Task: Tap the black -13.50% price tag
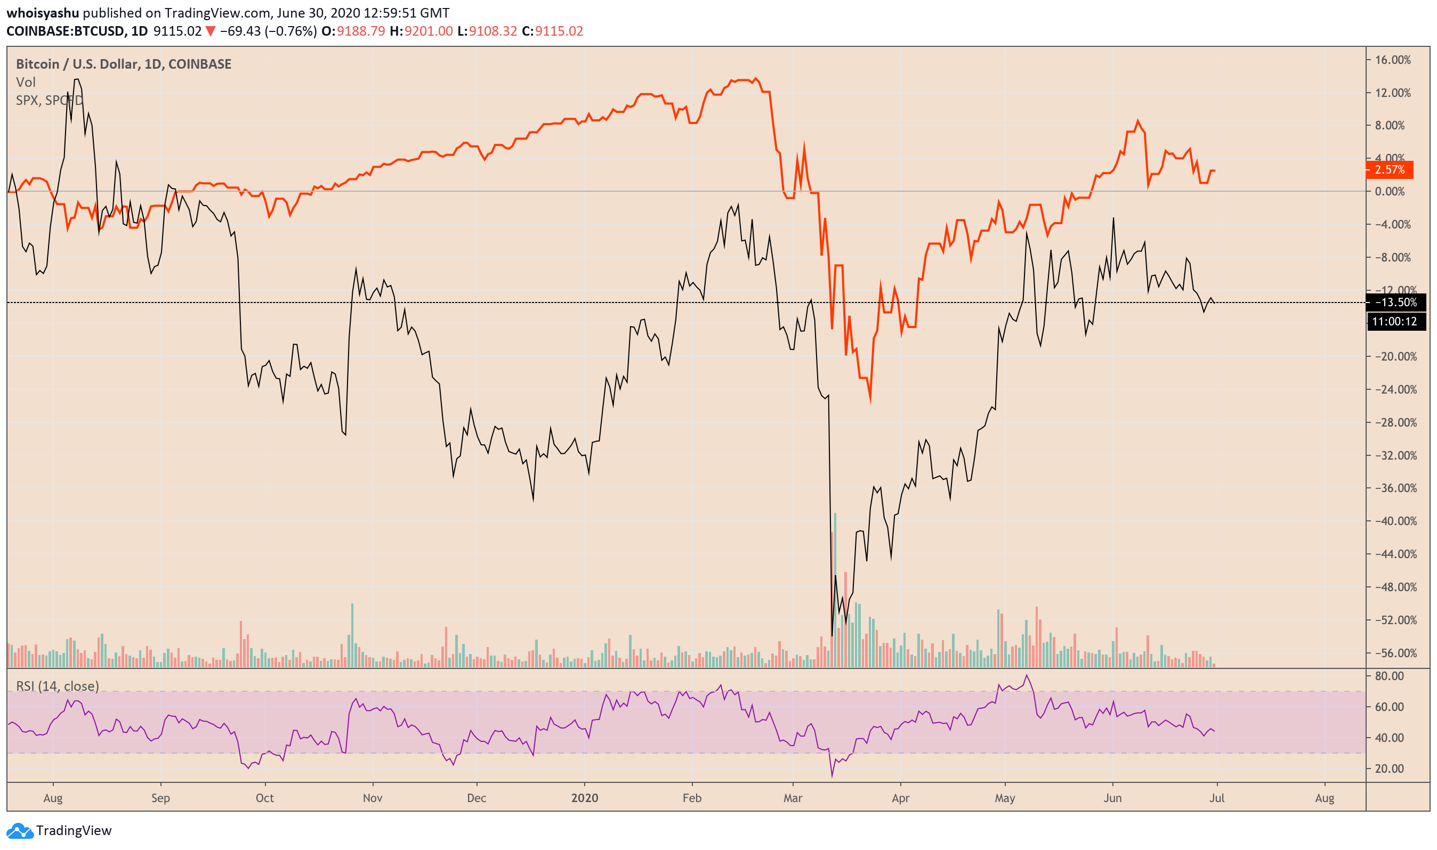(x=1394, y=303)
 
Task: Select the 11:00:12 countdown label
(x=1394, y=321)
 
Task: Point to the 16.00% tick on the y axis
(x=1392, y=60)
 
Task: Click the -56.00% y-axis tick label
(x=1392, y=653)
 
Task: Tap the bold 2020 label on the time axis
(x=584, y=798)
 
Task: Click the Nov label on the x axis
(x=373, y=798)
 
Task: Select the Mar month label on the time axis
(x=793, y=798)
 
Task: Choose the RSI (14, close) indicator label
(x=58, y=686)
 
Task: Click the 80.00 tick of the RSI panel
(x=1390, y=676)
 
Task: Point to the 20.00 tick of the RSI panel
(x=1390, y=769)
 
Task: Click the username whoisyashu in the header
(x=43, y=13)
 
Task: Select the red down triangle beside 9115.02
(x=211, y=31)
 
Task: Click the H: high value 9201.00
(x=428, y=31)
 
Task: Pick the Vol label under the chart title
(x=26, y=83)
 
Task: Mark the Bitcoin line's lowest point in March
(x=832, y=635)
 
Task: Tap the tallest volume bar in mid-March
(x=835, y=590)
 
